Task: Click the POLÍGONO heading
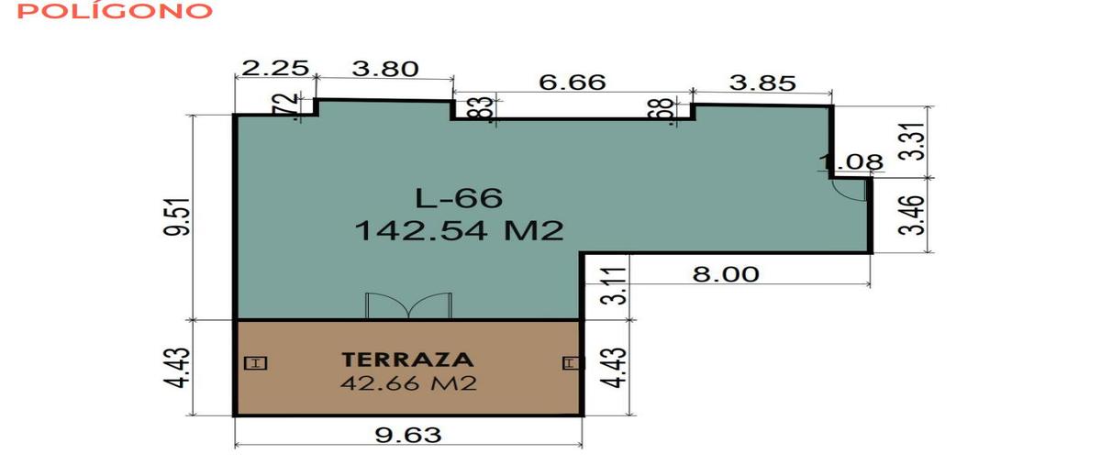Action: (115, 11)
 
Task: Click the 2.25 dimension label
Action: (275, 68)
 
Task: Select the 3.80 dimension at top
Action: (385, 69)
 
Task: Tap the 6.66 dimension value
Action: (573, 83)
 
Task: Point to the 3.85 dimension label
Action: (762, 83)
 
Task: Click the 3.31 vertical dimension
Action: (916, 141)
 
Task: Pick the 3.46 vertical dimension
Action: (916, 216)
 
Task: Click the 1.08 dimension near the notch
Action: (851, 161)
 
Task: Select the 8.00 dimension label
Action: (726, 274)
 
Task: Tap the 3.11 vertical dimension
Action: (614, 285)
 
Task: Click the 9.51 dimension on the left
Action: (177, 216)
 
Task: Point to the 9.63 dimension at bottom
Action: (408, 435)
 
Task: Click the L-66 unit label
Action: (459, 198)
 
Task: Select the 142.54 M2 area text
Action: (459, 230)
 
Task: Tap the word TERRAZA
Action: (407, 360)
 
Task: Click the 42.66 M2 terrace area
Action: (408, 382)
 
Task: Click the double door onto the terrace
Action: (408, 305)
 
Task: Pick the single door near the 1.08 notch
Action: (850, 190)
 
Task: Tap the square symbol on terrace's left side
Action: (256, 363)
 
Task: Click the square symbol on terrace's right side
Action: (572, 363)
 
